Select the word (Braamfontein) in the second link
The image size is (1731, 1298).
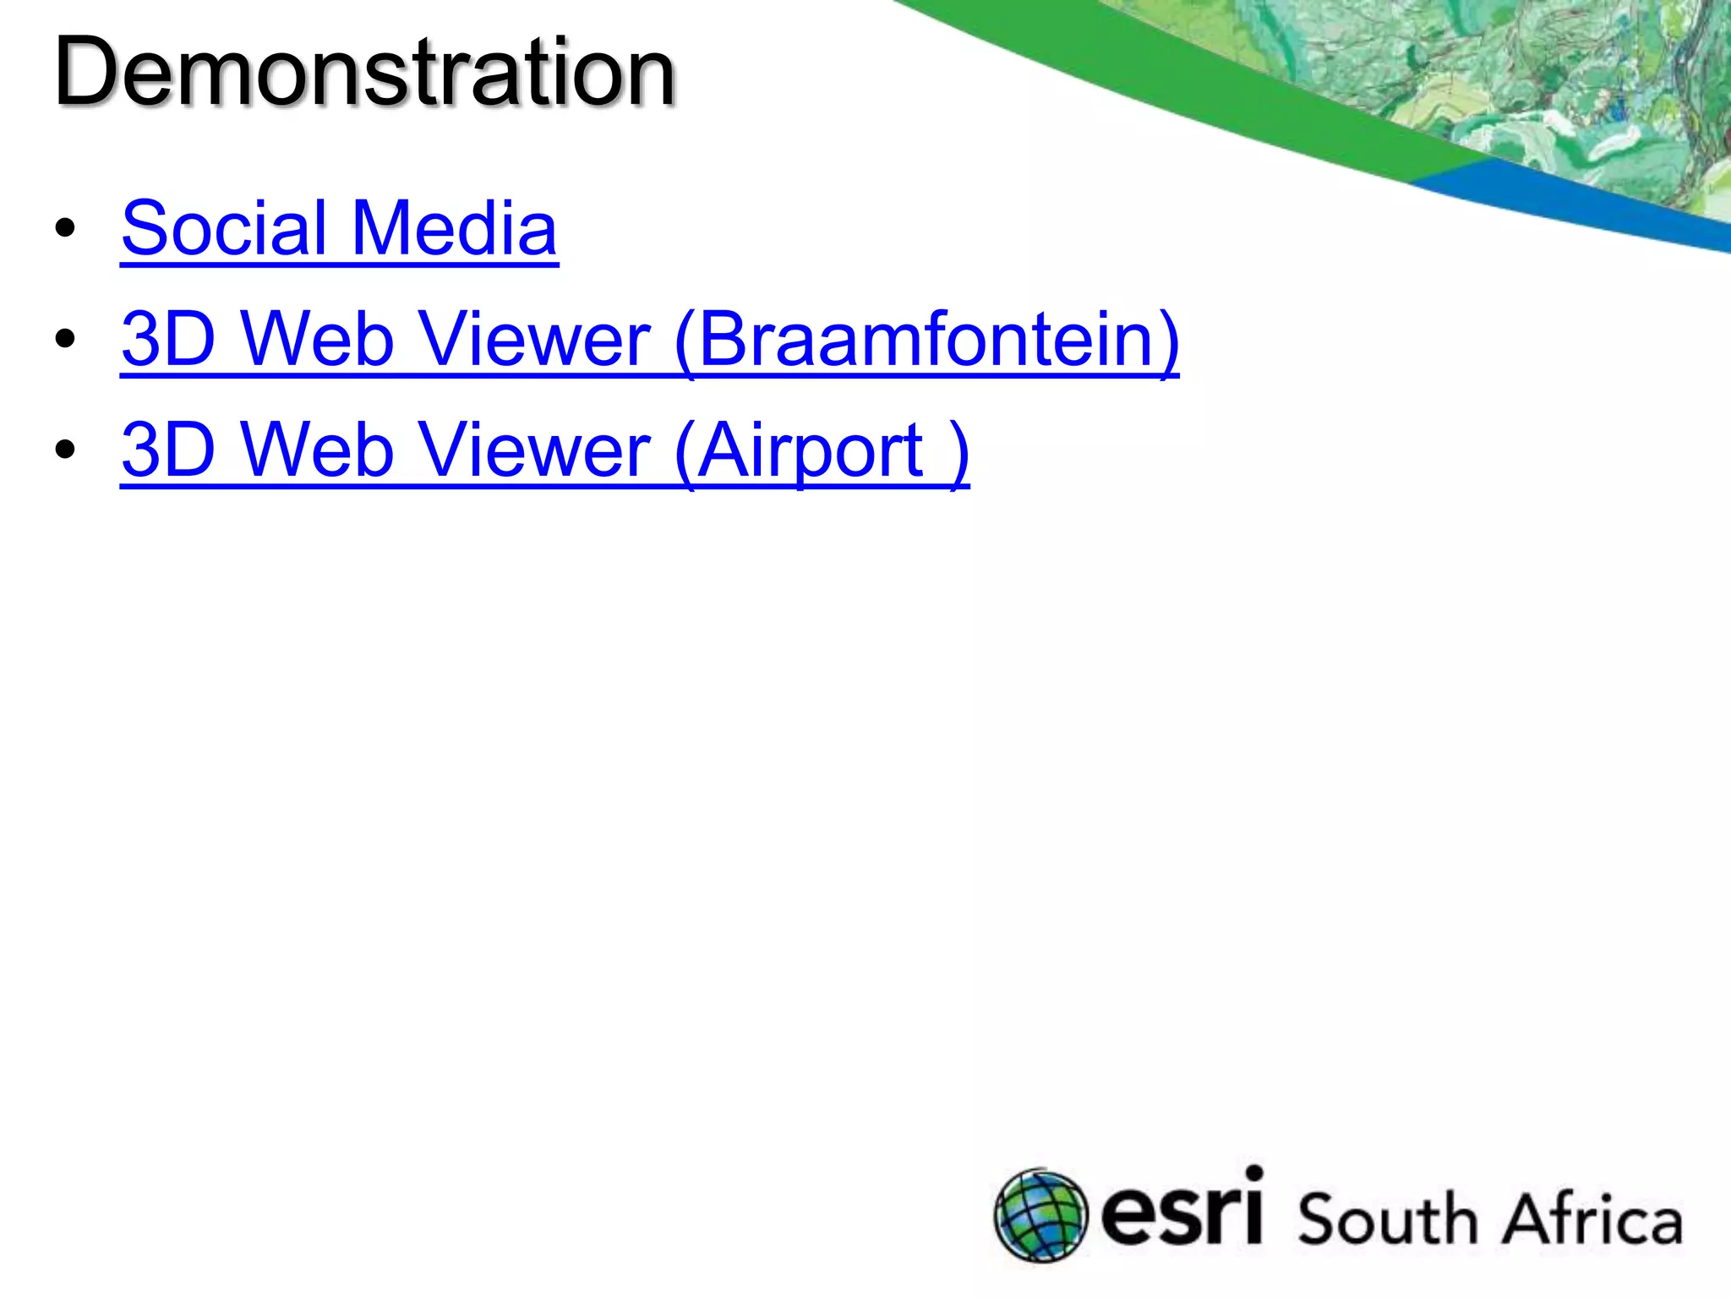(x=926, y=340)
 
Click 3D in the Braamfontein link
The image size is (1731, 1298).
(x=169, y=340)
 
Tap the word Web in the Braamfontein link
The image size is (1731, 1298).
(x=318, y=340)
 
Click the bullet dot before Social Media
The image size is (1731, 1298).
(x=65, y=229)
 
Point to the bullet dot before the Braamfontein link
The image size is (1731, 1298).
(x=65, y=340)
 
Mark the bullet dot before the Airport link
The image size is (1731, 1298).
(x=65, y=450)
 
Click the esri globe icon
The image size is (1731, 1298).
(x=1040, y=1215)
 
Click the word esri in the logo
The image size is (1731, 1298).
(x=1182, y=1210)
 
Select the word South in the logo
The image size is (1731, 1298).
(x=1386, y=1219)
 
